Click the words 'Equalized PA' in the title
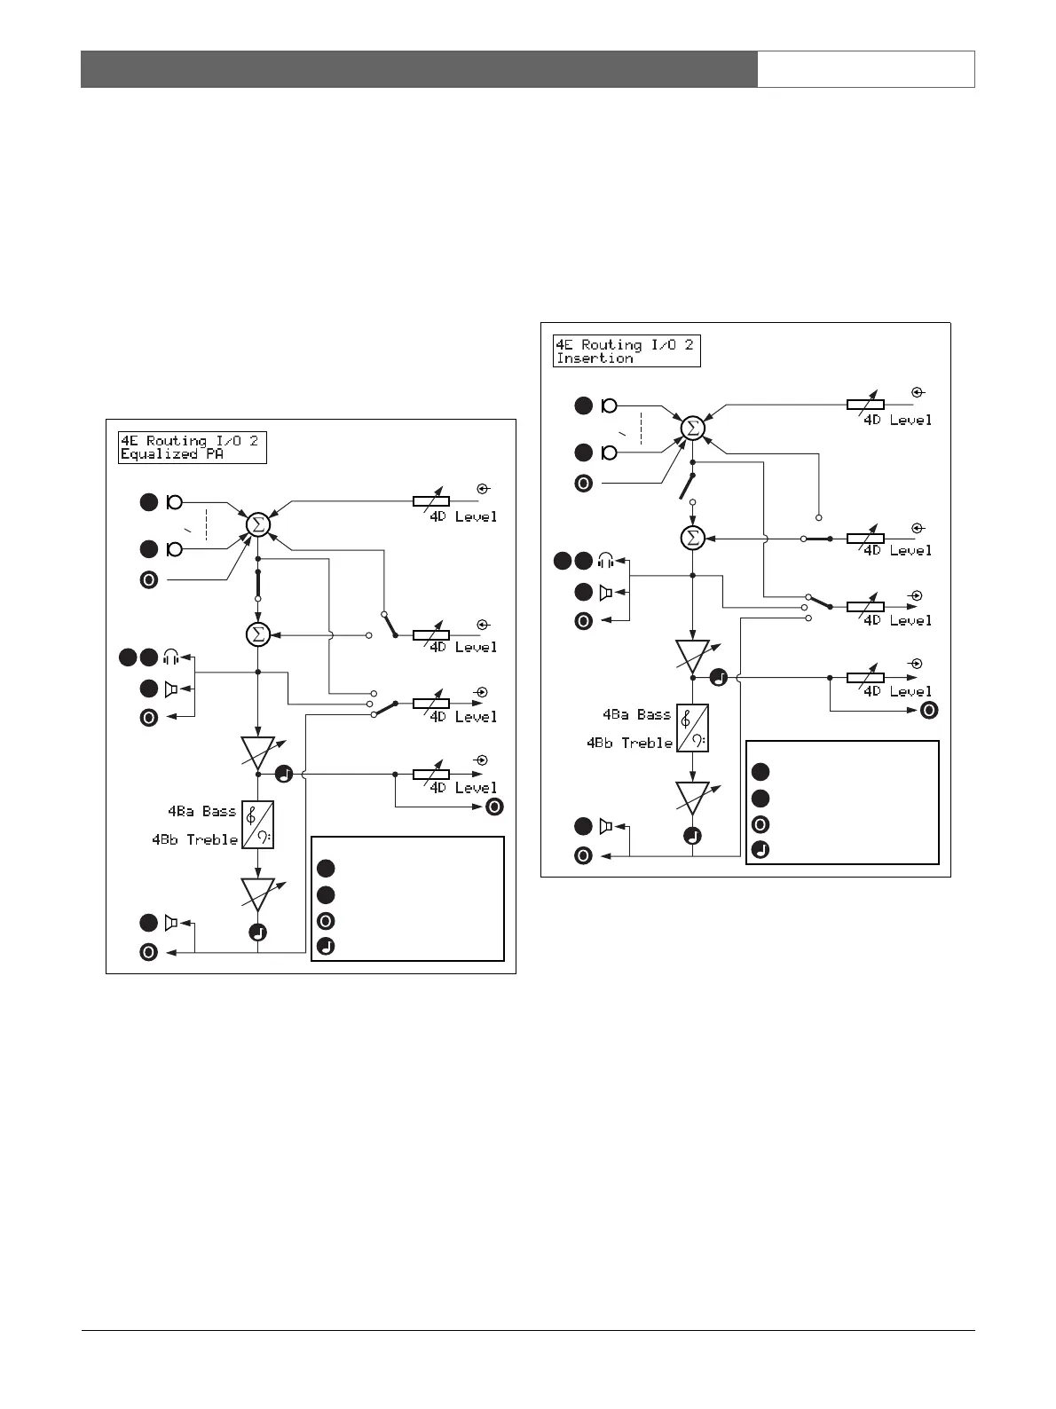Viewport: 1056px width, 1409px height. coord(171,454)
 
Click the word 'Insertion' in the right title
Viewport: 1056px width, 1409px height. coord(595,358)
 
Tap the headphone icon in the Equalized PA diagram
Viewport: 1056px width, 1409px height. coord(171,657)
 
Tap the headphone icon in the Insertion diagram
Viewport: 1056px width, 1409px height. coord(607,561)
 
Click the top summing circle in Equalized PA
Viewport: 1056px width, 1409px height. coord(257,524)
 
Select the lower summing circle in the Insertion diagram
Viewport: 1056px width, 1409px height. coord(692,538)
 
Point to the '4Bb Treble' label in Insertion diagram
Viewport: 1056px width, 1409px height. coord(630,743)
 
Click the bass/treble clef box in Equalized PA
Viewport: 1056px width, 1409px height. coord(257,825)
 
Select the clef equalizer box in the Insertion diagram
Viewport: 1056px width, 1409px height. coord(692,728)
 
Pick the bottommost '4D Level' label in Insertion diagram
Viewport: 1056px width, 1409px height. coord(898,691)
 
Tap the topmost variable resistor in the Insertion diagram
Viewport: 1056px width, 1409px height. coord(865,405)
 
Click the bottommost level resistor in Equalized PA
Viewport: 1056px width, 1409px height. coord(431,774)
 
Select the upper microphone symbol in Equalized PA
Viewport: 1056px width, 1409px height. coord(175,502)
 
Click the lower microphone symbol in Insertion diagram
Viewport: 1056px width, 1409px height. coord(609,453)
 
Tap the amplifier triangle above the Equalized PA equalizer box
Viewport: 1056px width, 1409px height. coord(257,752)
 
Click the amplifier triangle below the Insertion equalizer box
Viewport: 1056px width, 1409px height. coord(692,797)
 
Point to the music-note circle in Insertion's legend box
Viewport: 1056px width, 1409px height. coord(760,849)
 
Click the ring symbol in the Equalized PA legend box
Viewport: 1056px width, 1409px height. coord(326,920)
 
